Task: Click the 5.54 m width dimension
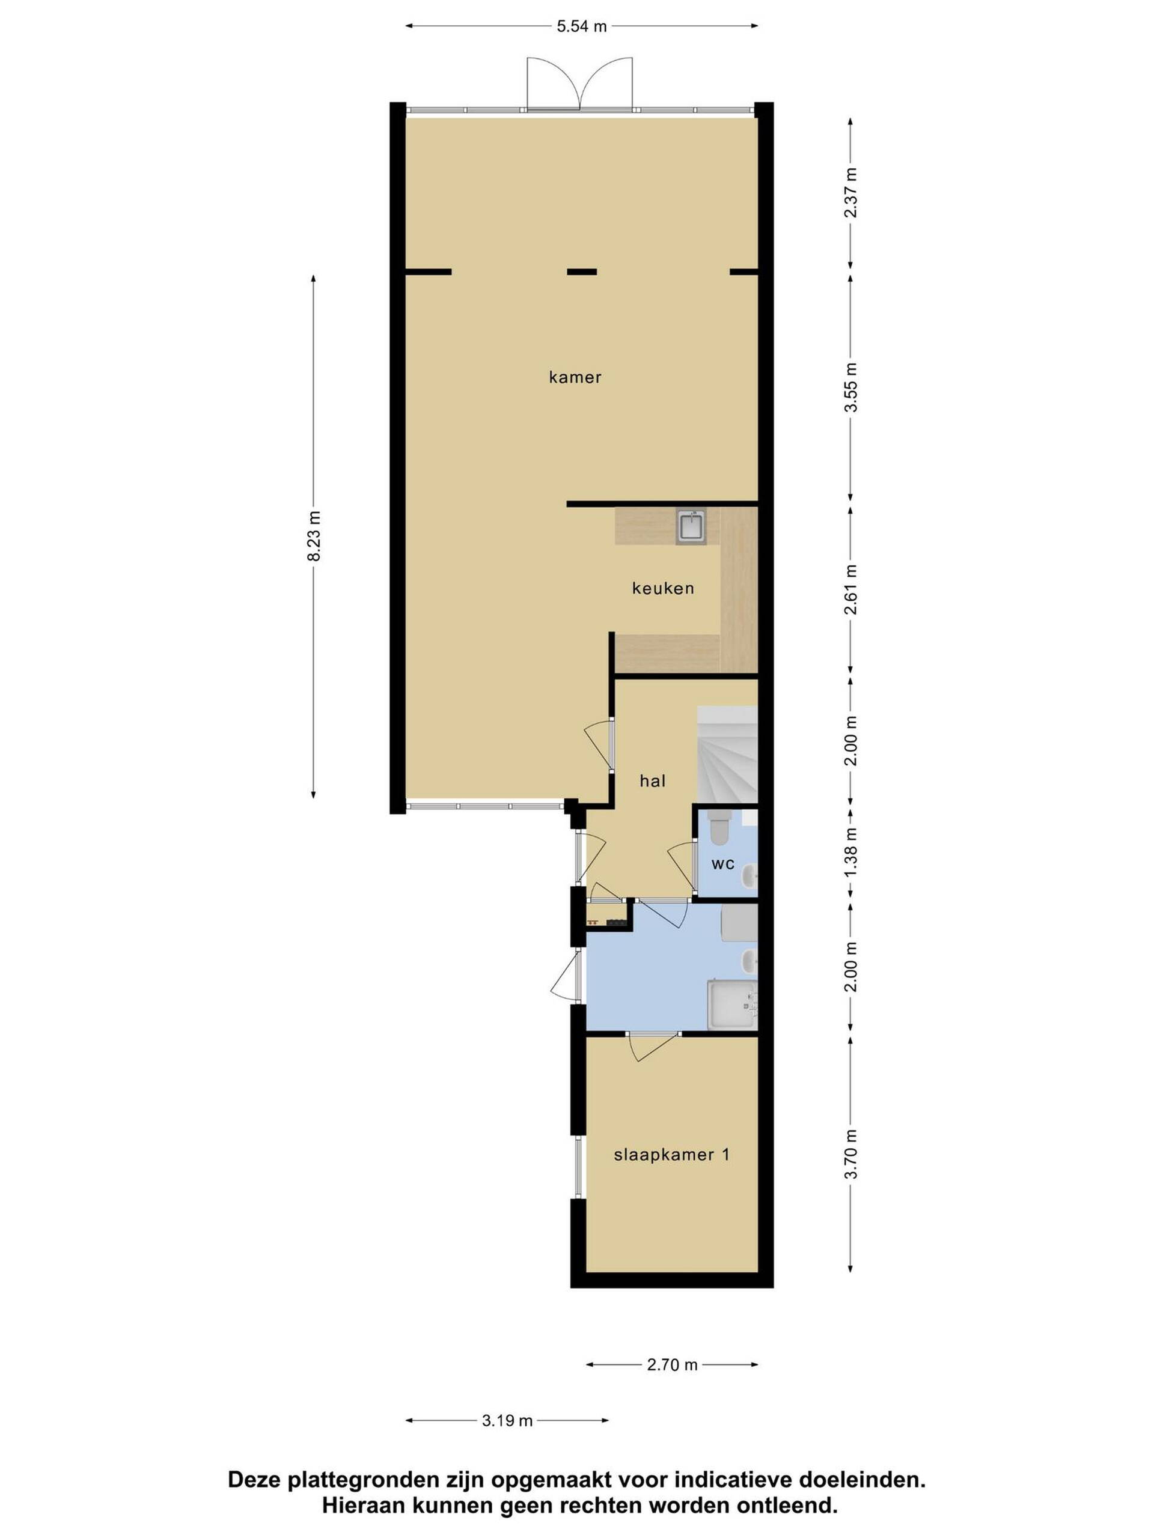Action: point(582,26)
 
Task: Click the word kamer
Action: point(575,377)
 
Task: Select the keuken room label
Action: point(663,588)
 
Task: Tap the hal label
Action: point(653,781)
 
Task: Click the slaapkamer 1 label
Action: point(672,1155)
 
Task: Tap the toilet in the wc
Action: point(719,825)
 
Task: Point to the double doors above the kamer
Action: point(580,83)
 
